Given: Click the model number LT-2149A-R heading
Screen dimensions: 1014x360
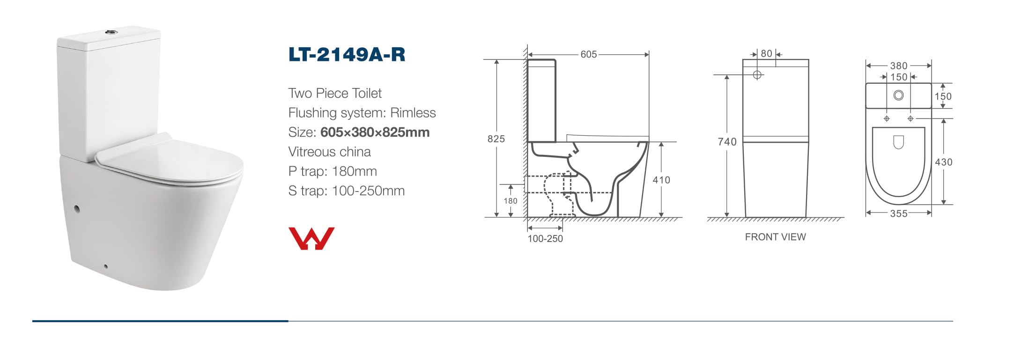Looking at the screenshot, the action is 347,55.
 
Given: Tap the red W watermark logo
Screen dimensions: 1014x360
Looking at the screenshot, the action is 311,238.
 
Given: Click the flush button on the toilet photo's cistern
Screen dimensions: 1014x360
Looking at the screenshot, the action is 111,32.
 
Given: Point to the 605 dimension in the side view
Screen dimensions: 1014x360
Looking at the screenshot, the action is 589,54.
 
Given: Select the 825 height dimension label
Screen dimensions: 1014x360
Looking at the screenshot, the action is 496,139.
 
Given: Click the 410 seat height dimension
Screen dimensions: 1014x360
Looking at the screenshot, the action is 661,180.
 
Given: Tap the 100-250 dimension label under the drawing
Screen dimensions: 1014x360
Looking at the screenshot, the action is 545,238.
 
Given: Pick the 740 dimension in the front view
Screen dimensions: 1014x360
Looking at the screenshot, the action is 727,142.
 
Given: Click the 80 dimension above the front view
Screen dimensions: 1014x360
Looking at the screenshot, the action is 766,54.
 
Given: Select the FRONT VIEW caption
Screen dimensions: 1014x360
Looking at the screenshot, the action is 775,237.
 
